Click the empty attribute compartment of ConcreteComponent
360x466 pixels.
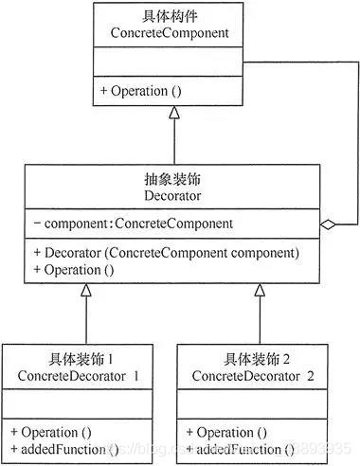pyautogui.click(x=174, y=64)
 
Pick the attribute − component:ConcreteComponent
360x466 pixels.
pyautogui.click(x=126, y=224)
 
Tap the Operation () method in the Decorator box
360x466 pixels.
pyautogui.click(x=73, y=269)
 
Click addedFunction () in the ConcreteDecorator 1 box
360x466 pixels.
pyautogui.click(x=63, y=447)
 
